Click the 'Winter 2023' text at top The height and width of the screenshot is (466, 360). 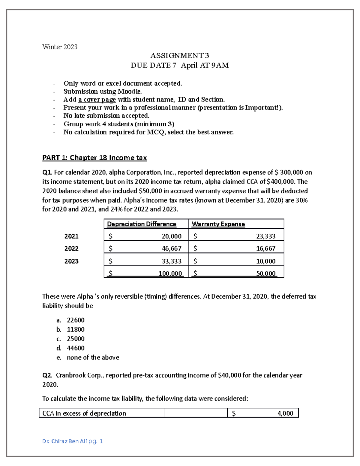(x=60, y=47)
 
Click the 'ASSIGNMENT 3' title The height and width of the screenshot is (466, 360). (x=179, y=56)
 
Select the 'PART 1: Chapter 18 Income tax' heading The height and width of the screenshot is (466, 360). (x=94, y=158)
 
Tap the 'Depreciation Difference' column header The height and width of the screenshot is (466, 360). (x=142, y=224)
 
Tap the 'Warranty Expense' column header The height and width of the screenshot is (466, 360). (x=218, y=224)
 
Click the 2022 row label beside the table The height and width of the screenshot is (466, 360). (x=71, y=249)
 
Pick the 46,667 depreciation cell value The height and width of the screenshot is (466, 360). (x=172, y=249)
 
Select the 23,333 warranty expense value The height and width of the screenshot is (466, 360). (x=265, y=236)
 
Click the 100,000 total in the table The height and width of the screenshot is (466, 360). (x=170, y=273)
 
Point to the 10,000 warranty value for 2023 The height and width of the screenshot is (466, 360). (x=265, y=261)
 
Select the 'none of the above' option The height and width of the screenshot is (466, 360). (x=93, y=357)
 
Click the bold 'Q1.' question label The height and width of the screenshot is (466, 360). (x=47, y=173)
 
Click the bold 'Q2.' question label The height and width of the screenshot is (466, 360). (x=47, y=375)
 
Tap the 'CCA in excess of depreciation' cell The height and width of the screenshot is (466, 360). (x=84, y=413)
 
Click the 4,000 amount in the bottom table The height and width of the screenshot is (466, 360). (x=285, y=413)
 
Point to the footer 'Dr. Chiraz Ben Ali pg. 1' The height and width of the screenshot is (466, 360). (x=73, y=441)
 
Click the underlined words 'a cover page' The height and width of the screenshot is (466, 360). (x=97, y=100)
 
